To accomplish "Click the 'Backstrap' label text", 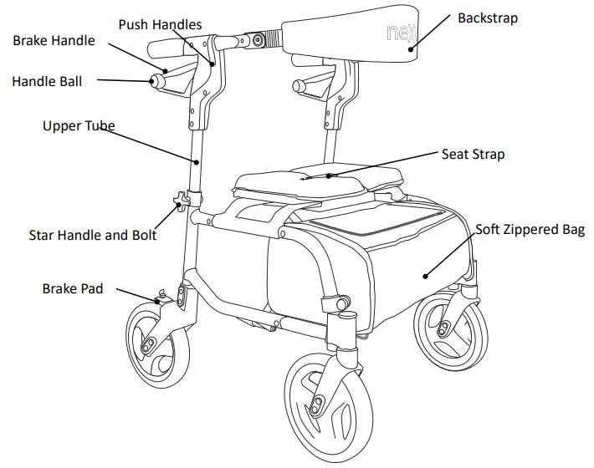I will (x=488, y=18).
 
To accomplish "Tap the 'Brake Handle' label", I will (x=54, y=40).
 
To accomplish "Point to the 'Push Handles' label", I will (x=160, y=24).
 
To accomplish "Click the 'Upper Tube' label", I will (x=79, y=126).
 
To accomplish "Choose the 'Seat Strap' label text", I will (x=473, y=155).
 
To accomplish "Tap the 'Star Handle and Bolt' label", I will (x=93, y=235).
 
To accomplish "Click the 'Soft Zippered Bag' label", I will (x=530, y=229).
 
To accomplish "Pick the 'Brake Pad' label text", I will (x=73, y=289).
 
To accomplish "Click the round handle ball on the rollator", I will (x=156, y=81).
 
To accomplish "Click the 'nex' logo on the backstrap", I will (x=400, y=34).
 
